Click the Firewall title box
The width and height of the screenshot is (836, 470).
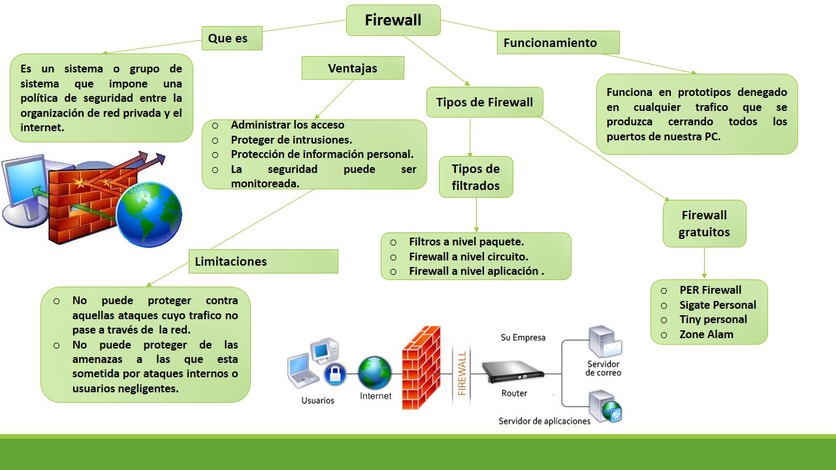[393, 20]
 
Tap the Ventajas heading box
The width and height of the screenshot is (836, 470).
[353, 68]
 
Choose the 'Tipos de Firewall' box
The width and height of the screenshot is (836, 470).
[485, 102]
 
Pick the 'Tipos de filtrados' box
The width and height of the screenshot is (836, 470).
[475, 177]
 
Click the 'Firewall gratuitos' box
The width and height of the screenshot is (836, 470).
[704, 223]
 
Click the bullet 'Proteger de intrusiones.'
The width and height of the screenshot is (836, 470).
[291, 140]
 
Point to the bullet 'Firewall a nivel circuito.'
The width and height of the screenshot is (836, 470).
[468, 257]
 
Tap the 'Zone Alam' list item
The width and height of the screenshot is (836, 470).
[706, 334]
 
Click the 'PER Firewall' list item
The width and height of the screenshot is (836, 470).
[710, 290]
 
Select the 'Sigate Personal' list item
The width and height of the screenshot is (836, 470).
[717, 305]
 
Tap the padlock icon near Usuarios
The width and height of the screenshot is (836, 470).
[334, 374]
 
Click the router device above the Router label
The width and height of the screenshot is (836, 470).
[513, 373]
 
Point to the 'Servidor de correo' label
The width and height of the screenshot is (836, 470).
[603, 368]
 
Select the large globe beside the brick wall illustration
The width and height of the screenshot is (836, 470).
[149, 215]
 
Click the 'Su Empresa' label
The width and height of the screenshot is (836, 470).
[522, 337]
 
